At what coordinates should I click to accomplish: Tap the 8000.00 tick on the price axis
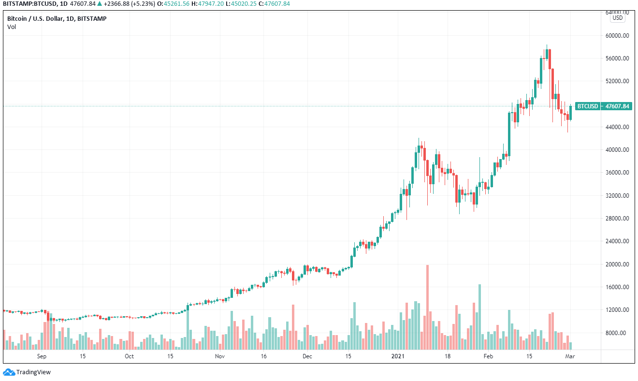(617, 333)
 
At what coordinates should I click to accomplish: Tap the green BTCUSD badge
(588, 106)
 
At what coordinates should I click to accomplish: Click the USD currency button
(618, 18)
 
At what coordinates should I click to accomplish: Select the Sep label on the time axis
(42, 357)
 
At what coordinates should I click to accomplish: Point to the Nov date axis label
(220, 357)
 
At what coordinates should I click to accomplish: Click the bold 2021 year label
(397, 357)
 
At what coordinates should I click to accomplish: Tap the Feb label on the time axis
(489, 357)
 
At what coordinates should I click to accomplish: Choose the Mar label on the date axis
(571, 357)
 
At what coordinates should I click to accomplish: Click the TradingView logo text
(33, 372)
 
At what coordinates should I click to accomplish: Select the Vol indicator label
(12, 27)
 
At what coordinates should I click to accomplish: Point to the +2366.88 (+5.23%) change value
(125, 4)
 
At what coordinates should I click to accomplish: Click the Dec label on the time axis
(307, 357)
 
